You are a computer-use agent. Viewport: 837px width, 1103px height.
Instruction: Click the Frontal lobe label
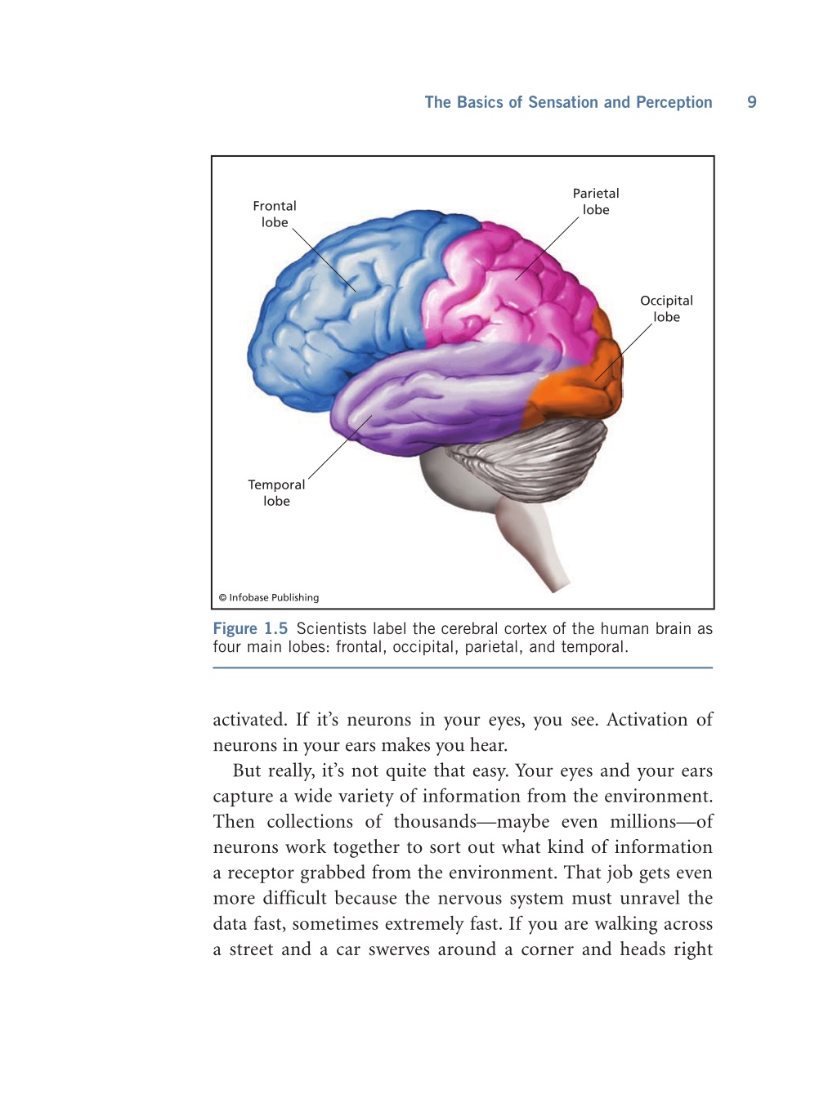pos(274,214)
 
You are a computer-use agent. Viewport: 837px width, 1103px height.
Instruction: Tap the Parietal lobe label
pos(596,202)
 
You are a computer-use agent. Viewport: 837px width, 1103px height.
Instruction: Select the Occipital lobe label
pos(666,309)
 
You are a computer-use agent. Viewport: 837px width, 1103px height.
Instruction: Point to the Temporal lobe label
pos(276,493)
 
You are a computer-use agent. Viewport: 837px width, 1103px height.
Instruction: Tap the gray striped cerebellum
pos(533,458)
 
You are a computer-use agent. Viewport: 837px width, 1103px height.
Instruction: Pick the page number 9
pos(751,102)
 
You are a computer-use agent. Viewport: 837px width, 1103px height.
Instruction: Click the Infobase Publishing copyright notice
pos(269,597)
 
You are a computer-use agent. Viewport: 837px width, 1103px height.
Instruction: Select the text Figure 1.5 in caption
pos(250,628)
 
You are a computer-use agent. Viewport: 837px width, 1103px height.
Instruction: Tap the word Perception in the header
pos(674,102)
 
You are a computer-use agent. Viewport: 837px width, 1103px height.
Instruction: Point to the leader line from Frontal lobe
pos(325,260)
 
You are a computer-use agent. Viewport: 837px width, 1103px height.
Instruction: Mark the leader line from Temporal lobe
pos(340,447)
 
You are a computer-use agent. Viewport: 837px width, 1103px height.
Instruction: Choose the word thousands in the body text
pos(434,822)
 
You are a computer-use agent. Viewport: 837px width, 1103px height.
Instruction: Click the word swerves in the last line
pos(399,949)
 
